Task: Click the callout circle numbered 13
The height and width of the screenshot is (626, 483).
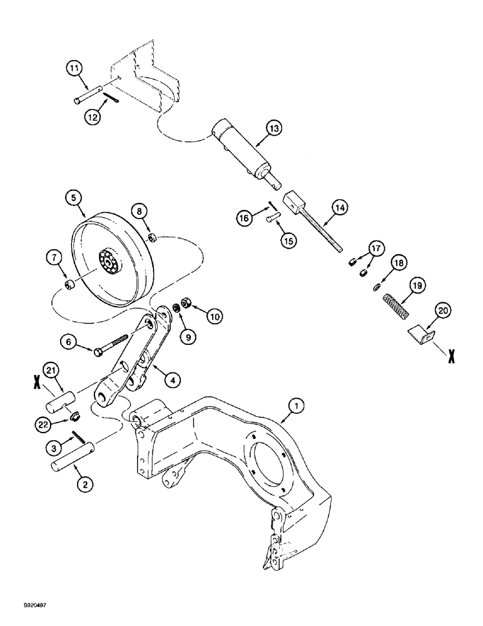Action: click(x=273, y=129)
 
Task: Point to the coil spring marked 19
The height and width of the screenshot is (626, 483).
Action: click(x=395, y=306)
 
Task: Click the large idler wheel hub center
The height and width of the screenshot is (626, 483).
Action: click(x=109, y=262)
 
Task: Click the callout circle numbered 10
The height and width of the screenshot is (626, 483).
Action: click(x=214, y=317)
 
